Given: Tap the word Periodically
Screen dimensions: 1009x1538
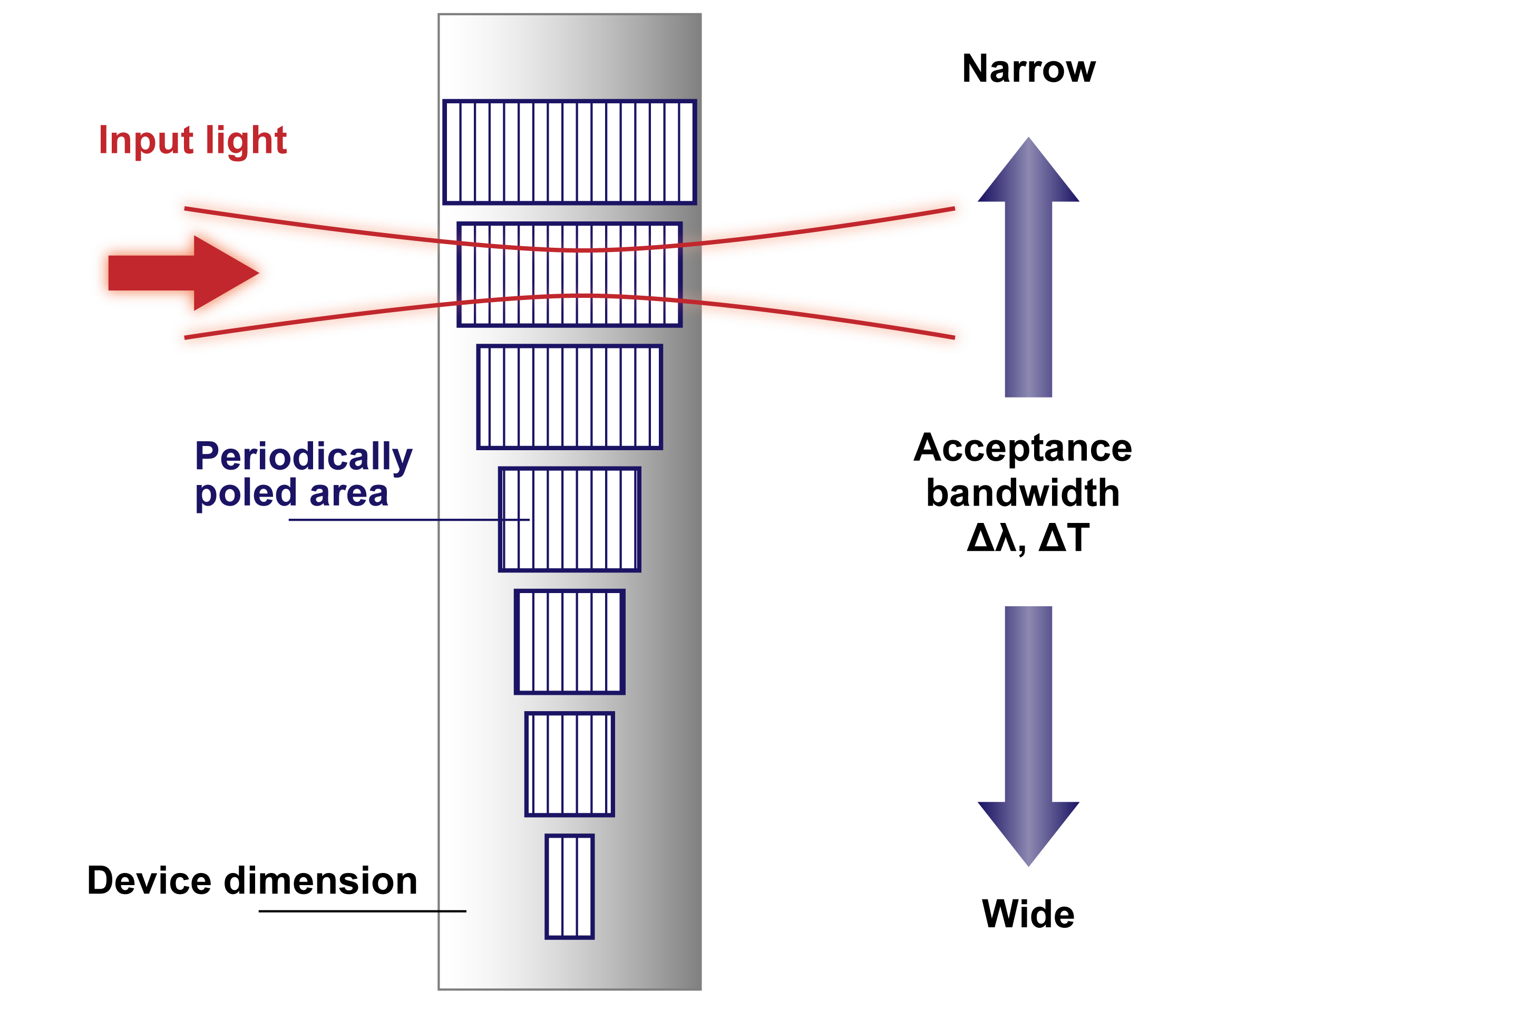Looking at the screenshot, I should click(x=303, y=458).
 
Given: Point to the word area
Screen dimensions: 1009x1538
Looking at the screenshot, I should click(x=349, y=494).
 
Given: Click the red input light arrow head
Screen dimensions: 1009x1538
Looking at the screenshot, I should click(x=226, y=273).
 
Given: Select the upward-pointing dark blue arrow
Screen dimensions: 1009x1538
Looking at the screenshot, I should click(x=1028, y=271).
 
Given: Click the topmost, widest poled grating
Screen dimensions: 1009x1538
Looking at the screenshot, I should click(x=569, y=152).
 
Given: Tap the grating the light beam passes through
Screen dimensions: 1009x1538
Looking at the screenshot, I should click(x=569, y=274).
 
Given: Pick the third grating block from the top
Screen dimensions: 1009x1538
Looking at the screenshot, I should click(x=569, y=397).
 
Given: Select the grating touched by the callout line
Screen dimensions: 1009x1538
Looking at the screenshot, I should click(x=569, y=519).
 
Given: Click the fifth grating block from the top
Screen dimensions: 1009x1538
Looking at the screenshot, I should click(x=569, y=642).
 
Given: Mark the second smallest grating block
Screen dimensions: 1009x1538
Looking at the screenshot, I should click(x=569, y=764).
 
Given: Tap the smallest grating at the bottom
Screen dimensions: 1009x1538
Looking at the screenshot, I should click(x=569, y=886).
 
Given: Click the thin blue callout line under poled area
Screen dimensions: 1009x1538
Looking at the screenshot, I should click(x=388, y=520).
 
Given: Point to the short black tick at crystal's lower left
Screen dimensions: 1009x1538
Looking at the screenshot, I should click(x=452, y=911).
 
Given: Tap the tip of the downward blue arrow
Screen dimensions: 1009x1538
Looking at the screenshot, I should click(x=1028, y=863).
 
